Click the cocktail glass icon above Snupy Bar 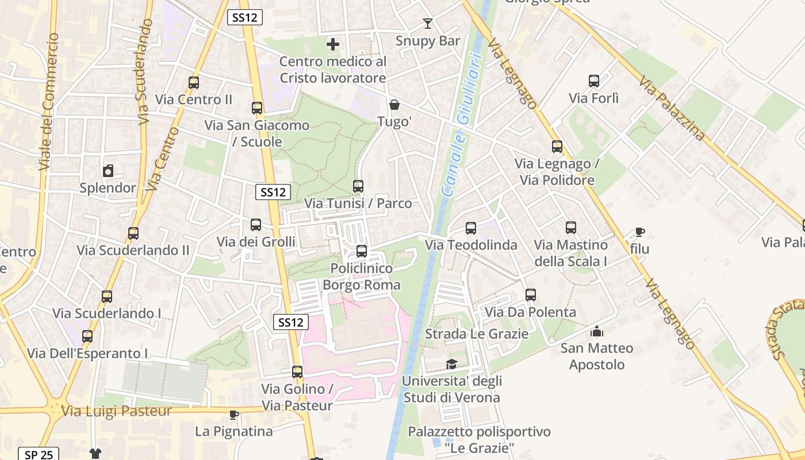(427, 24)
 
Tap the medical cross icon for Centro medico (333, 44)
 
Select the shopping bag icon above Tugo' (394, 105)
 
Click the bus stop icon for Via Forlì (594, 81)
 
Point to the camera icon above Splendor (108, 171)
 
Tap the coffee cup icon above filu (639, 232)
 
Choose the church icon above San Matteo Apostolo (597, 331)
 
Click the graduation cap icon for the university (452, 364)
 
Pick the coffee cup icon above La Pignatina (234, 414)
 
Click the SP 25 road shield (39, 454)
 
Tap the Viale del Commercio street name (48, 102)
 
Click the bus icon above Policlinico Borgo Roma (362, 251)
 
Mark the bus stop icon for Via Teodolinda (471, 228)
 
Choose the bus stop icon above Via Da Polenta (531, 295)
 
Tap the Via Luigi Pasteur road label (117, 411)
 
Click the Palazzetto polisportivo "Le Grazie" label (480, 439)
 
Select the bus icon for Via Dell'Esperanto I (87, 336)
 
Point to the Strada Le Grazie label (476, 333)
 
